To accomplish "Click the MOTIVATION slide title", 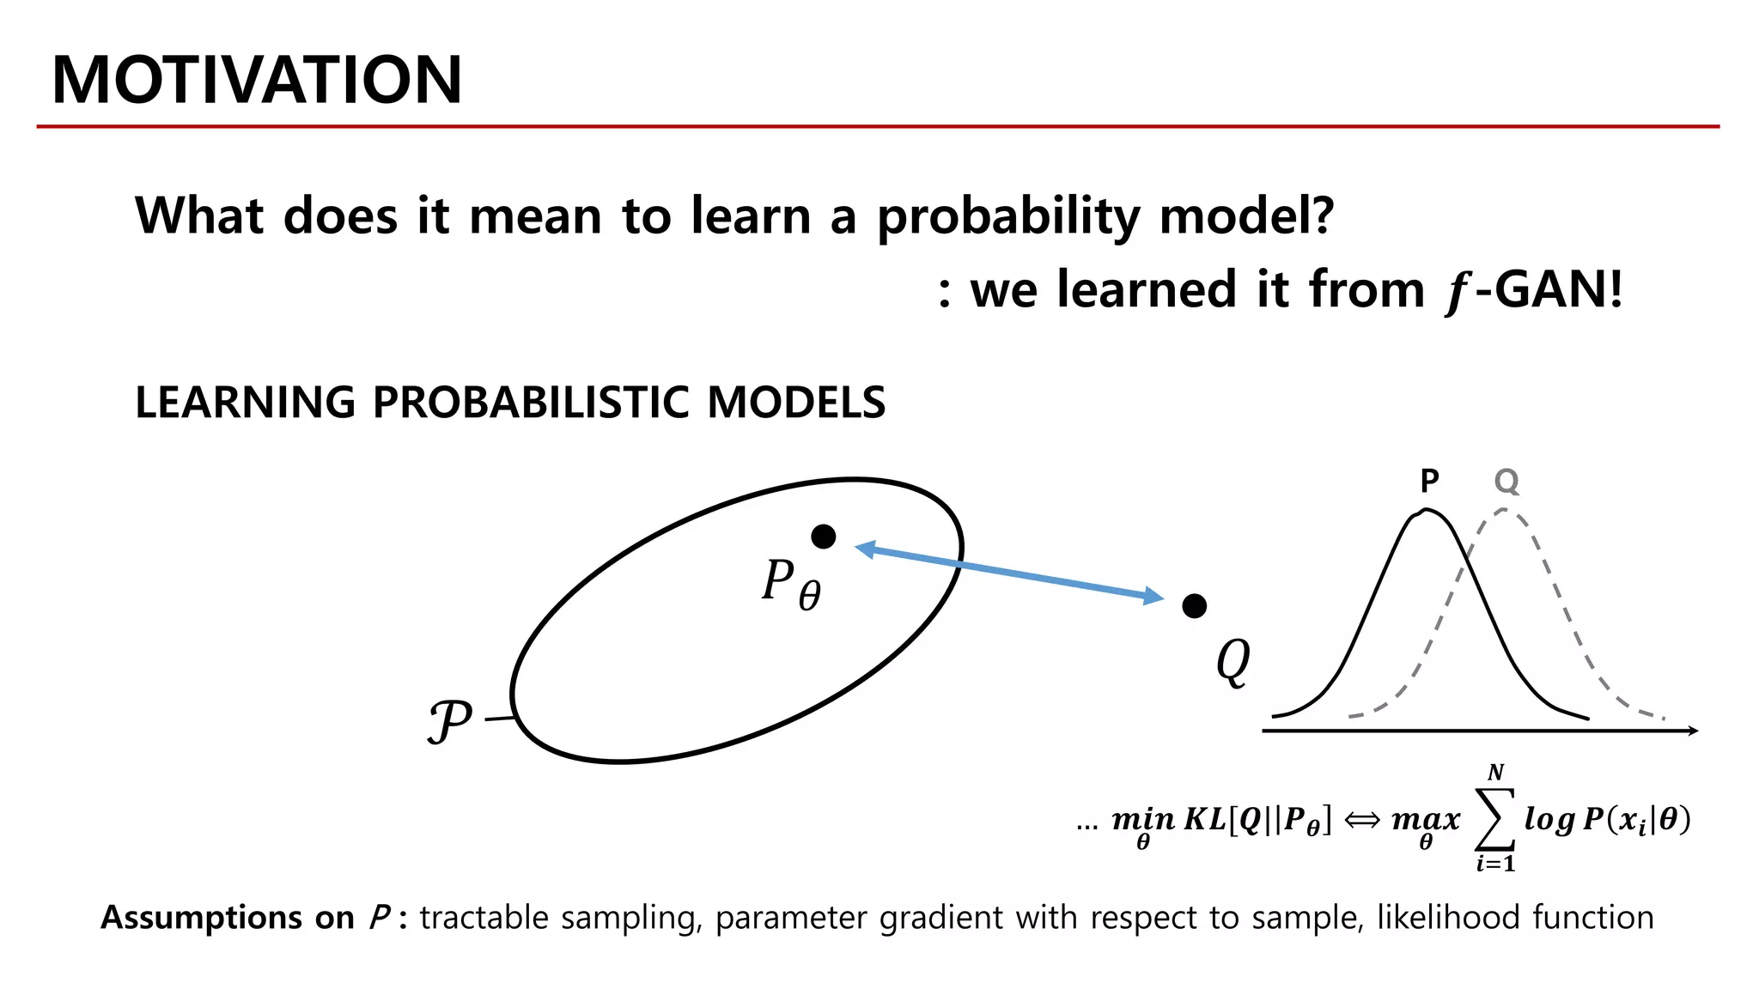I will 257,80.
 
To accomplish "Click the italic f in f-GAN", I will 1456,292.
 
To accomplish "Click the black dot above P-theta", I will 823,537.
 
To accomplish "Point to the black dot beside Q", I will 1194,606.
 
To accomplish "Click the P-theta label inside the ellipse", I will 790,583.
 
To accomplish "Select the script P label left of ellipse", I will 450,720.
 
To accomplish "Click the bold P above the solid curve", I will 1429,481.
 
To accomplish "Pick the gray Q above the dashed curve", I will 1506,481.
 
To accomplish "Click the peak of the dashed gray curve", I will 1503,510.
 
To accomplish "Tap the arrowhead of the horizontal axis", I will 1692,731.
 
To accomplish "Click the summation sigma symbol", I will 1494,819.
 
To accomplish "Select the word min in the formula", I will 1142,819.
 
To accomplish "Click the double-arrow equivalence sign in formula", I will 1361,820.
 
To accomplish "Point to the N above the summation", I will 1495,772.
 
